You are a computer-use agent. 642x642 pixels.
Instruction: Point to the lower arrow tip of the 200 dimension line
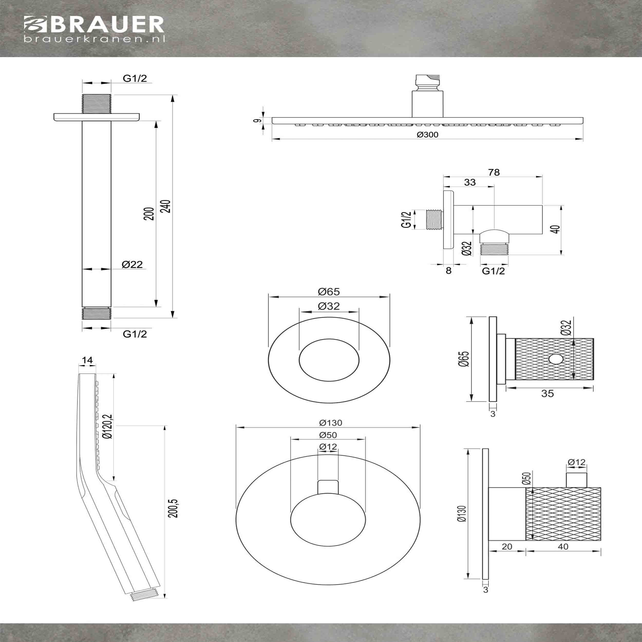point(155,307)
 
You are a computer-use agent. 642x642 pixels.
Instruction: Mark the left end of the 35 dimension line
point(506,387)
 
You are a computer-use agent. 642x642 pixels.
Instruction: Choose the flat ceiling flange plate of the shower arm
point(97,117)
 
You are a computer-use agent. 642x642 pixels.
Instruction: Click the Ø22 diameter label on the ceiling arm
point(132,264)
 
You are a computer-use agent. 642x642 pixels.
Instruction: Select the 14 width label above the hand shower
point(87,360)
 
